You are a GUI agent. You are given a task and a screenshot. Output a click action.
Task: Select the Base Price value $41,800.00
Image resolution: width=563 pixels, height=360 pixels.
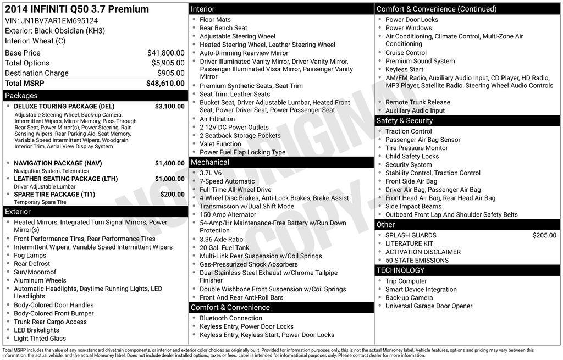165,53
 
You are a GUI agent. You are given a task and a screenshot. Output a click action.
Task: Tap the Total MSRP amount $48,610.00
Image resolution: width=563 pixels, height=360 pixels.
165,84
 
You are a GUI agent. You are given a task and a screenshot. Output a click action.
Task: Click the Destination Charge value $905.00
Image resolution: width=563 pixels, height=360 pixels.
170,73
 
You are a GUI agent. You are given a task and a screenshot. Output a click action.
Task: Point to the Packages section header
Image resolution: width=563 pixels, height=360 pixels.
21,96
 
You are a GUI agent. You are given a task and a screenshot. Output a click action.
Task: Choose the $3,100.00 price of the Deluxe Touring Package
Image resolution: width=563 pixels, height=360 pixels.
169,107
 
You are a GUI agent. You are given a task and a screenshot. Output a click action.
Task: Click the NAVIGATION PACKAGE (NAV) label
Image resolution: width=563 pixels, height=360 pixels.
58,164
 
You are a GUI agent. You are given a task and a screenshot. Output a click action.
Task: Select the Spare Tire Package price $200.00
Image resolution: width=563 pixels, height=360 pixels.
172,195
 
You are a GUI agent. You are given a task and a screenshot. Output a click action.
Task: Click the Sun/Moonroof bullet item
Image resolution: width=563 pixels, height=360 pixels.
35,272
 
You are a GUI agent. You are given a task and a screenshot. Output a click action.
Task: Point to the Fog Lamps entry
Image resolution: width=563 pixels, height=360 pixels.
30,256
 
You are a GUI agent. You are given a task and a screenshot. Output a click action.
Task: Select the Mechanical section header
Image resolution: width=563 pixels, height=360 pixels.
209,163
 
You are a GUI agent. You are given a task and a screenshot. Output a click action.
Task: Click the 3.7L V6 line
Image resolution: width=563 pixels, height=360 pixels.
211,173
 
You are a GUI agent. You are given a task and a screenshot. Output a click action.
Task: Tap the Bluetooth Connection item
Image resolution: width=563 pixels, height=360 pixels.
231,318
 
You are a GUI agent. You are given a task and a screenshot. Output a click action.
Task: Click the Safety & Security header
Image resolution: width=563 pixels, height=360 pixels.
405,121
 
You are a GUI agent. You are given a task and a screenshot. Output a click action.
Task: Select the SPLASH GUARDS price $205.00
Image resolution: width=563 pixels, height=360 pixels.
544,235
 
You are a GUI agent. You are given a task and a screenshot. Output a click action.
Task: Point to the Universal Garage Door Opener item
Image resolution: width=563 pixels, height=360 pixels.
429,306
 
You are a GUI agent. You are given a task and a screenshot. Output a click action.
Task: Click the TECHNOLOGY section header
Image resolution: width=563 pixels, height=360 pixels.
400,270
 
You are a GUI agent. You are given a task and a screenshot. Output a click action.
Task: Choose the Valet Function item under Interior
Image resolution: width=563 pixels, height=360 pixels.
220,144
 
